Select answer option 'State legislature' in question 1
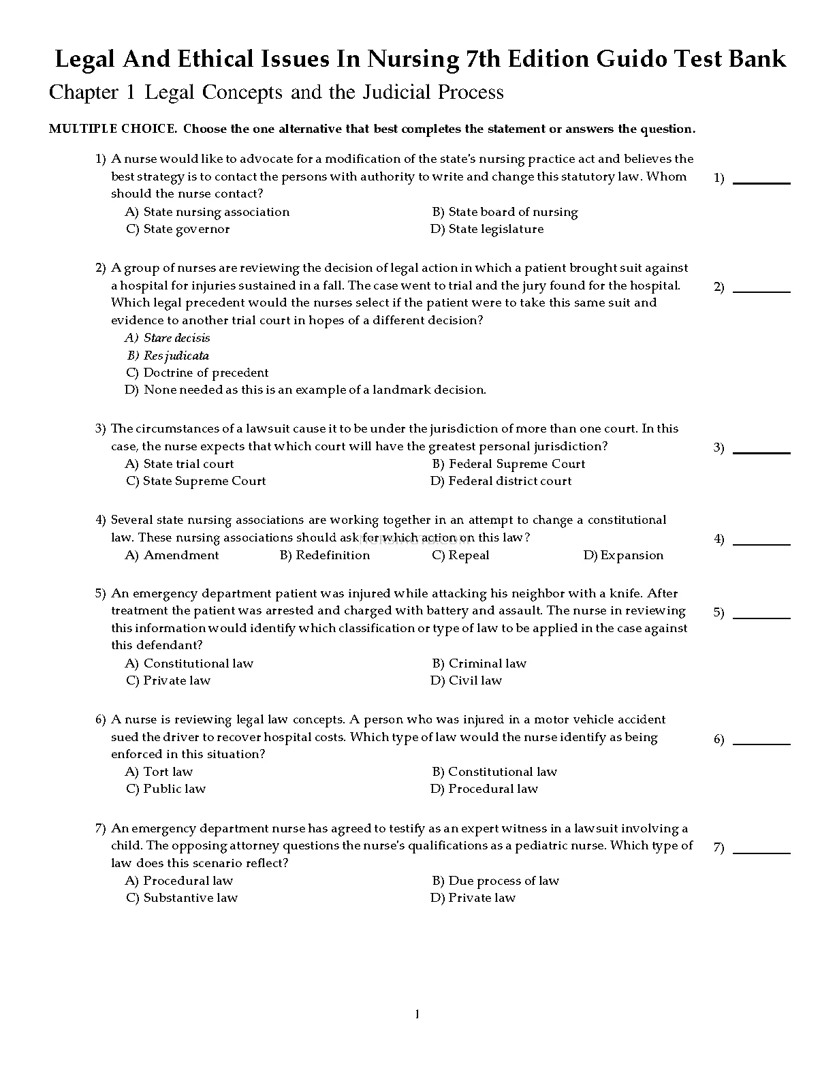tap(495, 230)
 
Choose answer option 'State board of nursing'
tap(512, 212)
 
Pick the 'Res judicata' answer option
tap(176, 356)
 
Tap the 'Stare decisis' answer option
tap(176, 338)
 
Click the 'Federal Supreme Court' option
tap(516, 464)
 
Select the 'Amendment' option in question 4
tap(181, 555)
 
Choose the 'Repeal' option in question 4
tap(469, 555)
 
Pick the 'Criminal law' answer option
tap(487, 663)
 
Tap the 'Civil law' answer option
tap(475, 680)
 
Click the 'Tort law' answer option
tap(168, 772)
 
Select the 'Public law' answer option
tap(174, 789)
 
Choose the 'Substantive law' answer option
tap(190, 898)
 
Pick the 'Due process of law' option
tap(503, 881)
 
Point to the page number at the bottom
tap(417, 1015)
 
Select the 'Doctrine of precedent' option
tap(206, 373)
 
